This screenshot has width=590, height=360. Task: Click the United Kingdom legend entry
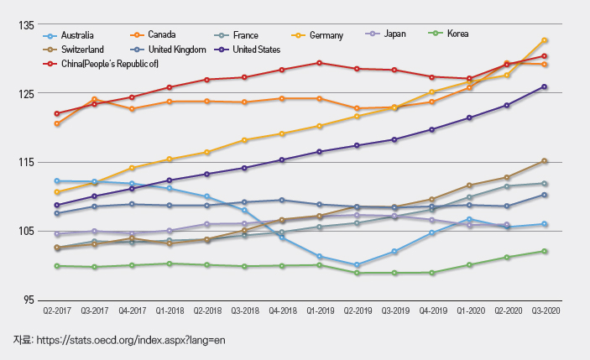[x=176, y=50]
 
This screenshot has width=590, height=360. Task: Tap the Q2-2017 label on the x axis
[x=57, y=311]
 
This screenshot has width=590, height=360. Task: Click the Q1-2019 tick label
[x=320, y=311]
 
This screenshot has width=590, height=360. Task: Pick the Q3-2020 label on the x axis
[x=545, y=311]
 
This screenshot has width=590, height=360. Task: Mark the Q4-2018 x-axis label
[x=282, y=311]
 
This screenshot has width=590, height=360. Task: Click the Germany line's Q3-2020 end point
[x=545, y=40]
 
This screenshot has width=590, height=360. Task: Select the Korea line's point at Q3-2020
[x=545, y=251]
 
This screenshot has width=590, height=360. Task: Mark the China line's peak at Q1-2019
[x=320, y=63]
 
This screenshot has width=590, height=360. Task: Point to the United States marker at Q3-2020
[x=545, y=86]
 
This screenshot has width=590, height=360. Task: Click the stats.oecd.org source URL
[x=126, y=340]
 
